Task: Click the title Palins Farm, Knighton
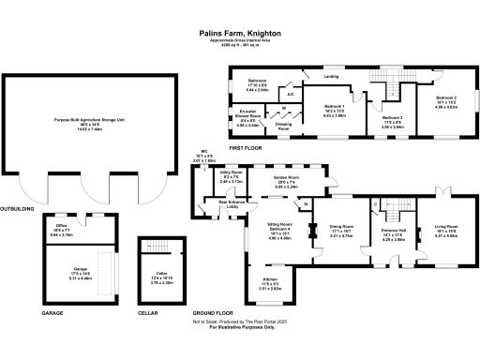point(240,31)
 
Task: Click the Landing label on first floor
point(331,77)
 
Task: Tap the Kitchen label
point(270,280)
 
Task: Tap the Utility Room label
point(232,173)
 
